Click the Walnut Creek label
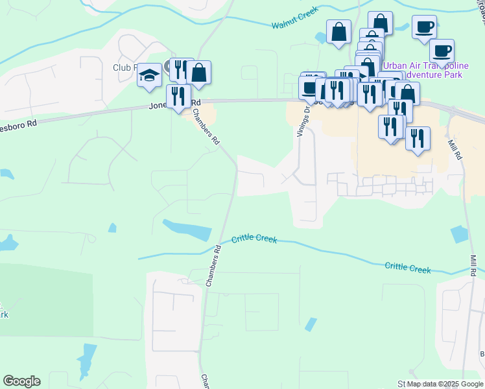294,24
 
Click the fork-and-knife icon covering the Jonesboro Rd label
178,96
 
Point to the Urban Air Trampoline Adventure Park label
425,71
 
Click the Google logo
21,381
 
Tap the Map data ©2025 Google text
445,384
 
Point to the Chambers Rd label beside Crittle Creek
211,268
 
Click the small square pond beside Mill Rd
459,234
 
